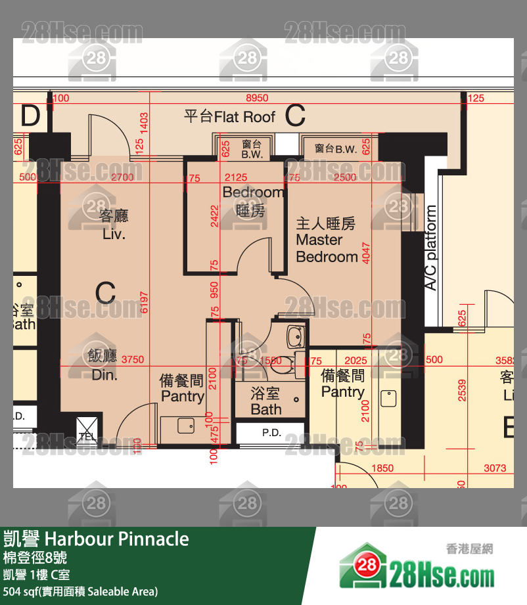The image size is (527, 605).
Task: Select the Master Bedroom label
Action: (326, 240)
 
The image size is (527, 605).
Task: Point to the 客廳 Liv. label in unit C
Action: (114, 225)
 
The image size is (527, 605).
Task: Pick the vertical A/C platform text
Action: (431, 248)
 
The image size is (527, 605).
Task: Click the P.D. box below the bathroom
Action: (271, 433)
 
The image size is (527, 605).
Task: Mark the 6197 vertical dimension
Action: (146, 302)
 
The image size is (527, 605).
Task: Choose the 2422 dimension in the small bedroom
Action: (214, 215)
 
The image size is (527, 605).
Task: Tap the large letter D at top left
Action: (30, 116)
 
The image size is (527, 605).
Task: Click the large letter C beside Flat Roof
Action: (295, 116)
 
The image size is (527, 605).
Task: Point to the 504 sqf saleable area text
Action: (80, 591)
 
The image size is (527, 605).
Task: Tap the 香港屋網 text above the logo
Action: (469, 549)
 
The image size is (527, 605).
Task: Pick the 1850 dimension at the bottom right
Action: (382, 468)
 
